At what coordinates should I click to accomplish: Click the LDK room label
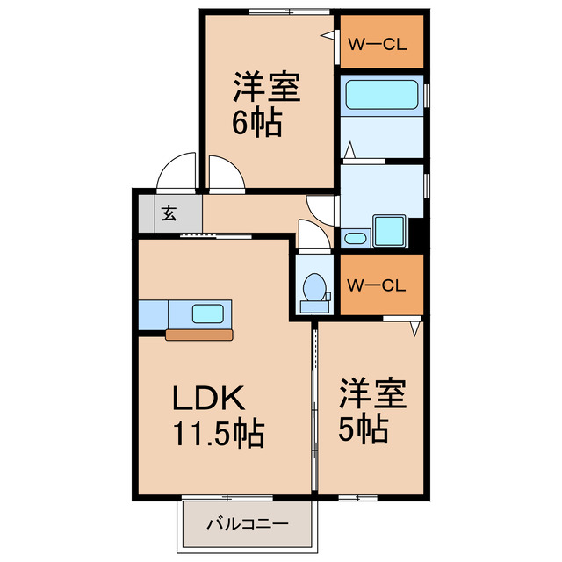coord(206,399)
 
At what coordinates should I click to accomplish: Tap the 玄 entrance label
coord(167,212)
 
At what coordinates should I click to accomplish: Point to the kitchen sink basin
coord(207,312)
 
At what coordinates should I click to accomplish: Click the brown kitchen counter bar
coord(199,334)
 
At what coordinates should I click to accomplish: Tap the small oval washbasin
coord(354,238)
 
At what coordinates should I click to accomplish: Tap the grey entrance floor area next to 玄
coord(148,212)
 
